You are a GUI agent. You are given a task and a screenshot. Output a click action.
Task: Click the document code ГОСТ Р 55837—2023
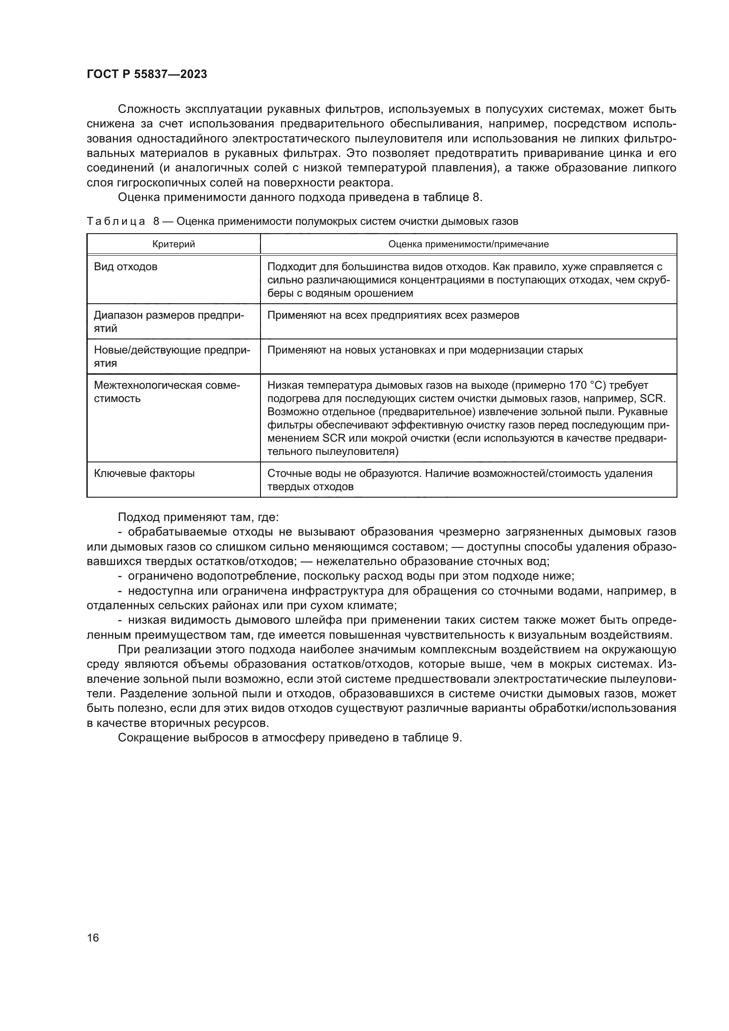point(147,74)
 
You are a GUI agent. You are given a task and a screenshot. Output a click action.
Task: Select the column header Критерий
point(173,244)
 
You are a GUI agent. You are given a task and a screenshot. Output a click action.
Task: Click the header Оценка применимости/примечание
point(468,244)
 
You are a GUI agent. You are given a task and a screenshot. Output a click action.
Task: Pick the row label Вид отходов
point(126,267)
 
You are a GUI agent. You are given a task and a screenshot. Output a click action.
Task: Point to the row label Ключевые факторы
point(144,473)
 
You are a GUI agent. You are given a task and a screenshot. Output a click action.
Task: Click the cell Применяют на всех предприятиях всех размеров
point(393,315)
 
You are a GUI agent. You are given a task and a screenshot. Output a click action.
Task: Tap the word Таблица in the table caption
point(116,221)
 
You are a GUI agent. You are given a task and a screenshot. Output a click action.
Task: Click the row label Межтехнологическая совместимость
point(167,391)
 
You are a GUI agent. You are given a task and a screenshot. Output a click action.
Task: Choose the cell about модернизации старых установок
point(425,350)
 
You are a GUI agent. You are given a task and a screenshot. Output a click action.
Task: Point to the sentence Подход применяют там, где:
point(198,517)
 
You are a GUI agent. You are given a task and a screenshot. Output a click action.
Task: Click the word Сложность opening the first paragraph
point(148,109)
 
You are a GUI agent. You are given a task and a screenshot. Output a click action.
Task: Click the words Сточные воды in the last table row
point(298,473)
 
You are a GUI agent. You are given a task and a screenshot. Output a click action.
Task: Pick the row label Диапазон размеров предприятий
point(169,321)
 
